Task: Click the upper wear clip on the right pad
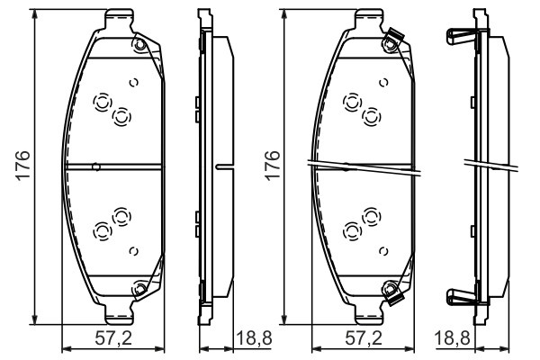click(394, 37)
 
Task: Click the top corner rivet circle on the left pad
click(139, 45)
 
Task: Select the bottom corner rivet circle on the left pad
click(139, 288)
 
